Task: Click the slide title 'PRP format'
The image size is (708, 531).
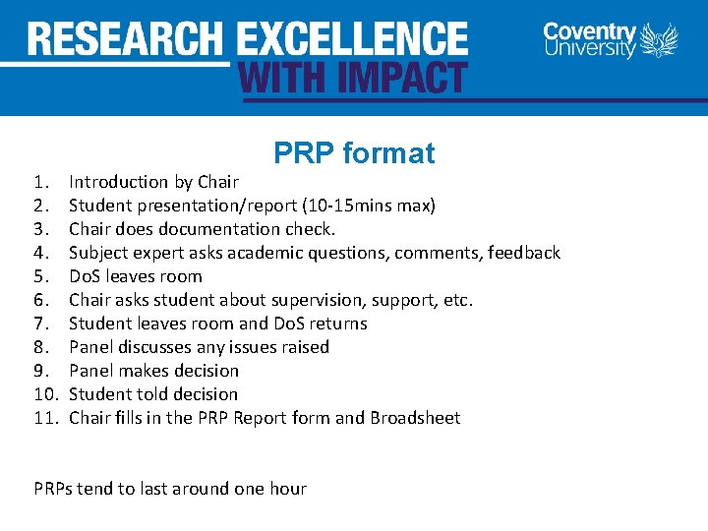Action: (x=354, y=153)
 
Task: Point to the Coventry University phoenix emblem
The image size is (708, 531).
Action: (x=659, y=41)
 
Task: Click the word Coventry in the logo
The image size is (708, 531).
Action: (x=590, y=30)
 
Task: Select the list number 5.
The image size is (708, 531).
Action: (x=40, y=276)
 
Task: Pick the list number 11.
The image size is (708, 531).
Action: (x=43, y=418)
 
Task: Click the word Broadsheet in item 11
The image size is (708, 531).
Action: (x=415, y=418)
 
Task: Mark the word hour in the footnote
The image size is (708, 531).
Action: (x=286, y=489)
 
